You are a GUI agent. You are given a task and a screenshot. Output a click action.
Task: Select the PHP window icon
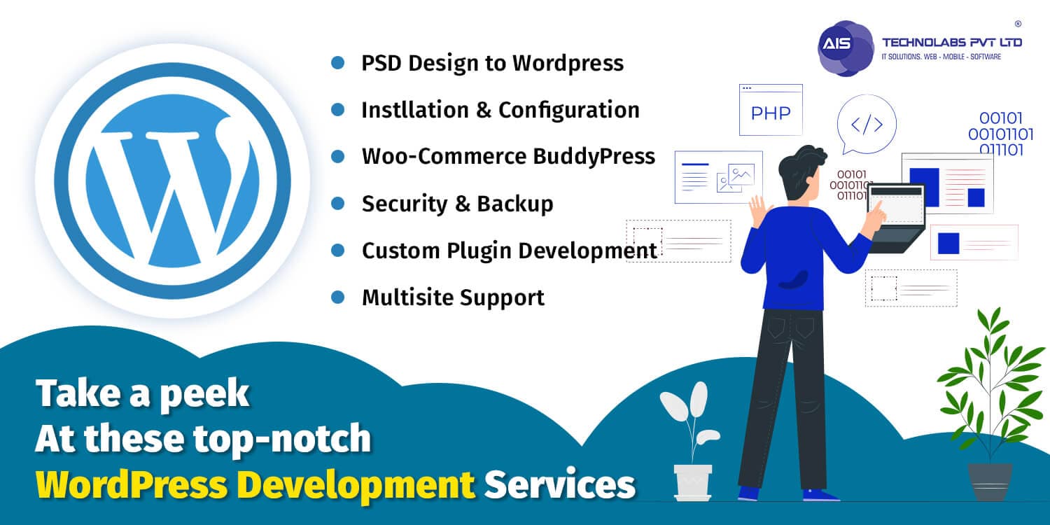click(x=771, y=110)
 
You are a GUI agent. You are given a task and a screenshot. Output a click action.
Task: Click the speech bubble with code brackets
click(x=867, y=124)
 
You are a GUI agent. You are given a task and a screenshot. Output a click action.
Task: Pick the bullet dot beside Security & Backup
click(x=338, y=204)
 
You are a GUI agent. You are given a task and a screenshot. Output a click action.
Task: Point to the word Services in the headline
click(x=560, y=484)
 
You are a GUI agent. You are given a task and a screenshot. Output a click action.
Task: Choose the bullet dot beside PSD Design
click(x=338, y=63)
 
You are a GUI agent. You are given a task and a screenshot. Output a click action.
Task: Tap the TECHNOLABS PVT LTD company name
click(x=951, y=43)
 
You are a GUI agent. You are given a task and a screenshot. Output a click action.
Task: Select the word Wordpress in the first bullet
click(x=568, y=63)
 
